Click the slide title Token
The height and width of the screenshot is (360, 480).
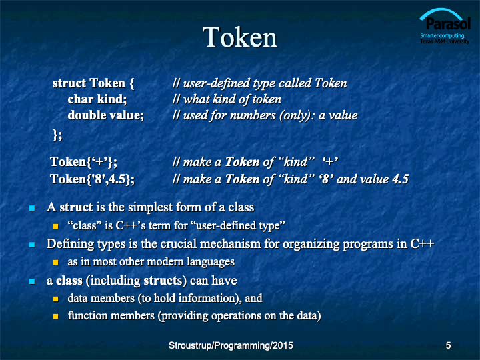tap(240, 37)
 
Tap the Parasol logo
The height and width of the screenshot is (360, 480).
tap(445, 26)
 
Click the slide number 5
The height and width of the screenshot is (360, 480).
tap(448, 345)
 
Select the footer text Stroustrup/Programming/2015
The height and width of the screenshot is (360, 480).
tap(231, 345)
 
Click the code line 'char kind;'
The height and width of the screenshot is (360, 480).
tap(97, 99)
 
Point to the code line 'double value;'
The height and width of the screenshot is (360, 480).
tap(105, 115)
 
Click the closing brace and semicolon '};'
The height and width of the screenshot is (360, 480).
tap(57, 135)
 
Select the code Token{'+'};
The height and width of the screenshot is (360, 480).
tap(83, 162)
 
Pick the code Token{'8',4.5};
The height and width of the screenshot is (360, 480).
tap(92, 179)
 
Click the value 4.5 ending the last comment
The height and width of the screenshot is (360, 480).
tap(401, 179)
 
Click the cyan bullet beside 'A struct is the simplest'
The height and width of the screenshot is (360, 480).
tap(32, 208)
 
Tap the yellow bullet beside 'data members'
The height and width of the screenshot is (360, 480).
tap(56, 299)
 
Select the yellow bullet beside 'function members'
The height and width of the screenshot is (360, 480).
tap(56, 316)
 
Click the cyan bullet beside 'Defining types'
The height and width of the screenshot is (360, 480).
tap(32, 245)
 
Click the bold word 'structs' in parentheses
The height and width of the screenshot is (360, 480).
tap(163, 281)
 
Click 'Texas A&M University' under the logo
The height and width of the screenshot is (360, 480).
tap(445, 41)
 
